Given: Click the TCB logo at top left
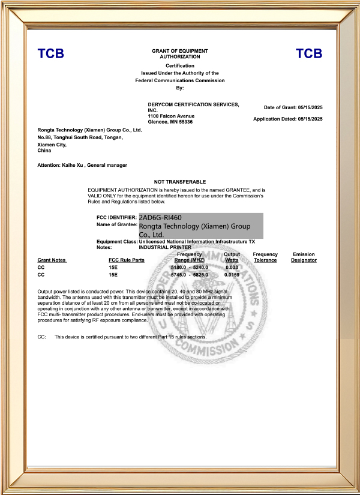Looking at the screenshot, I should (x=50, y=54).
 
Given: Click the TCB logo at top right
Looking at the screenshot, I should (x=309, y=54).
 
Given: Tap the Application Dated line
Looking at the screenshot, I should (x=288, y=119).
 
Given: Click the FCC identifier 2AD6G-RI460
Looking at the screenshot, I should (x=160, y=217).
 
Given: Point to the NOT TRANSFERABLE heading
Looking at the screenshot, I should (x=180, y=182).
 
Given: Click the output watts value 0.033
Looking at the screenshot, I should (x=232, y=266).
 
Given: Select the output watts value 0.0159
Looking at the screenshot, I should (x=232, y=274).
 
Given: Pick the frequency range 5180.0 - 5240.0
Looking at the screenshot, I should (x=189, y=266).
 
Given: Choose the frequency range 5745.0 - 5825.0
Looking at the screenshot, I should (x=189, y=274).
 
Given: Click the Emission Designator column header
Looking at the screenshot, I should (x=304, y=257).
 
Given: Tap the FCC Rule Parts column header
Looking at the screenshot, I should (x=127, y=260).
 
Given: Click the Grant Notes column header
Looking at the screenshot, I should (x=52, y=260).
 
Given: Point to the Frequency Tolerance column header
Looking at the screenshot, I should (x=265, y=257).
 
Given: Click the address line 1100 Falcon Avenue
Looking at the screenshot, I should (x=171, y=116).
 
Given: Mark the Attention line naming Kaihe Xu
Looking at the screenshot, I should (x=82, y=164).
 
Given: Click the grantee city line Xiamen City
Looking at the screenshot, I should (x=52, y=145).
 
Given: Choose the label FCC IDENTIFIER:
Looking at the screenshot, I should (x=116, y=217).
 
